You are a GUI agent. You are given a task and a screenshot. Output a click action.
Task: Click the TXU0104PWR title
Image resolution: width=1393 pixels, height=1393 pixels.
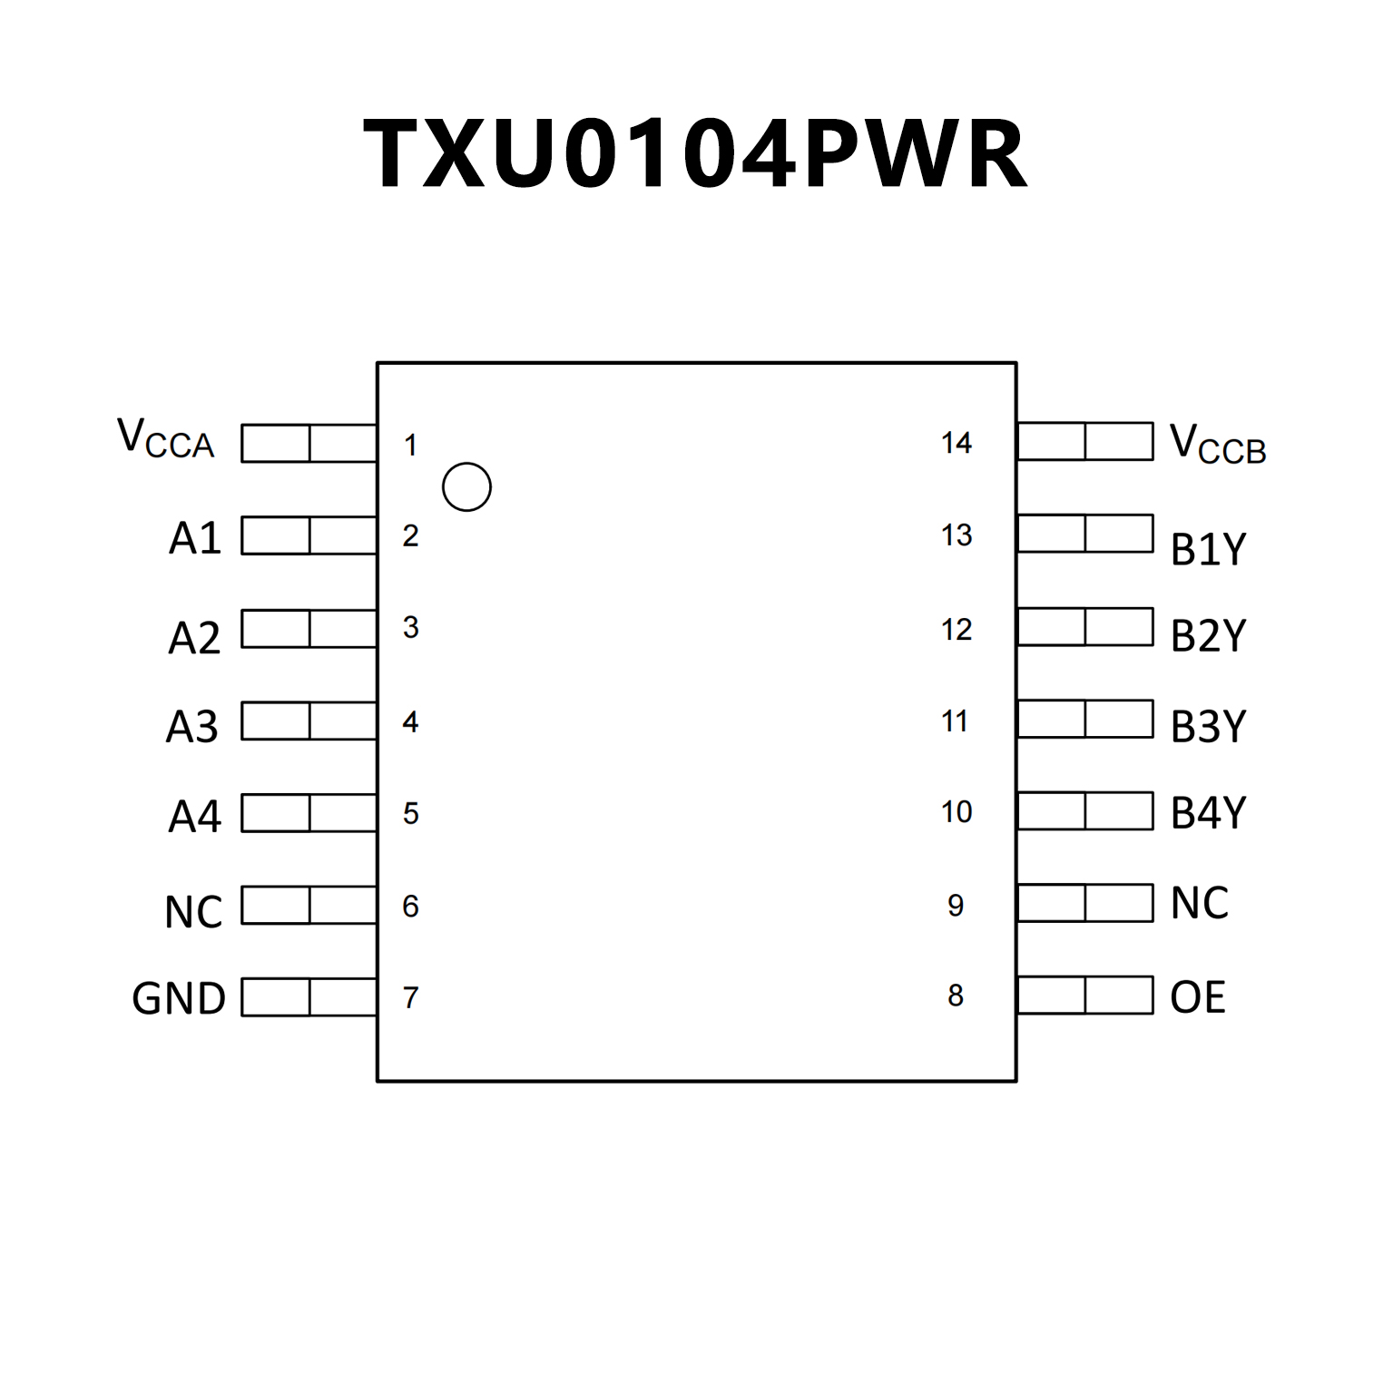(x=695, y=154)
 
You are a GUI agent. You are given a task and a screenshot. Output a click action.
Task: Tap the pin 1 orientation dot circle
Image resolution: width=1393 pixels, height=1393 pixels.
(x=466, y=487)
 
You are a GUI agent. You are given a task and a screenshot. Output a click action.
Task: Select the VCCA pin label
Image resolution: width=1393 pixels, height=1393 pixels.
(x=166, y=439)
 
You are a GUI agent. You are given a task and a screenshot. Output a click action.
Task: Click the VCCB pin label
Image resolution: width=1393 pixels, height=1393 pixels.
(x=1217, y=445)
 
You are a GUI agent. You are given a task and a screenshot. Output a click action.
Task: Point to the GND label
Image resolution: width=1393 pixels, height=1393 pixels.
(x=178, y=999)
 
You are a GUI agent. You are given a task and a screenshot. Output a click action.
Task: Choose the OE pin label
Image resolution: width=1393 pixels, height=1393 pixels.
(x=1198, y=997)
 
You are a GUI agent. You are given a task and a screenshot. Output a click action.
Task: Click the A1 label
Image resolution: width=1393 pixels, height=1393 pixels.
(x=195, y=538)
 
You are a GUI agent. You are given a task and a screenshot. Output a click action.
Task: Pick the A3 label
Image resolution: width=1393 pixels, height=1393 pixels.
(x=192, y=726)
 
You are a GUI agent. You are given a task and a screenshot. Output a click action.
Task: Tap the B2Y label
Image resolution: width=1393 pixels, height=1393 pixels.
(x=1209, y=635)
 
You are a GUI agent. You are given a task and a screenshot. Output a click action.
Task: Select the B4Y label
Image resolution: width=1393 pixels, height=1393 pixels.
(x=1209, y=812)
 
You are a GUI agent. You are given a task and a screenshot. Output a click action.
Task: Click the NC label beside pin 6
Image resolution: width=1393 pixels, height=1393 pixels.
(x=193, y=911)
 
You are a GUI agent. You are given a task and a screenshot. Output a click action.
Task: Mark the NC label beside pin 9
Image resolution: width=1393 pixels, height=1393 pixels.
(x=1200, y=903)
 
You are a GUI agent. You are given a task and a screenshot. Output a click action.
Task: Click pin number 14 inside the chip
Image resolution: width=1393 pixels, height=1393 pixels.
(x=956, y=443)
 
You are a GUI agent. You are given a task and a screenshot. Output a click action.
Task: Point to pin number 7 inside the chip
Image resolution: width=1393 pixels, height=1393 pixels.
(x=411, y=997)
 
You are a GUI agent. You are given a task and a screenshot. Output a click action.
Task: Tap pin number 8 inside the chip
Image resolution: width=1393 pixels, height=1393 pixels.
(x=956, y=996)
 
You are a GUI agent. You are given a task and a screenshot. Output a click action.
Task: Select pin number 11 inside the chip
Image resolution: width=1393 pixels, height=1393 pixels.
(x=955, y=721)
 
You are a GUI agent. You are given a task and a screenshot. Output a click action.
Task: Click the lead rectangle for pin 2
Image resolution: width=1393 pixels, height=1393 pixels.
(x=309, y=535)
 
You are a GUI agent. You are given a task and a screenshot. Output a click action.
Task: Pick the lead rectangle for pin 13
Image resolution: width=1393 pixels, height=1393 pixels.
(x=1085, y=534)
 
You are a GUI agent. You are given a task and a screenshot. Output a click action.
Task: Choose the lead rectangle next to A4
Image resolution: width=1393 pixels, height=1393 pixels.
(x=309, y=813)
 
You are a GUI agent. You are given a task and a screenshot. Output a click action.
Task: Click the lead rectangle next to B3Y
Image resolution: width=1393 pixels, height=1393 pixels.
(x=1085, y=719)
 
